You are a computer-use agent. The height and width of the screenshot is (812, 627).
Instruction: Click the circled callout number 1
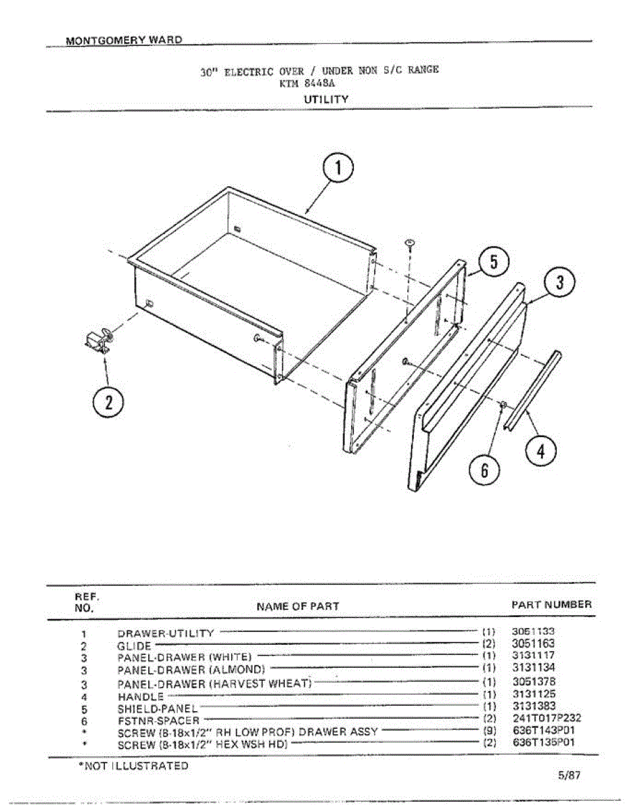[x=337, y=170]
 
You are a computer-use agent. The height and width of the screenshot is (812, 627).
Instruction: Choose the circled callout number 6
[x=484, y=470]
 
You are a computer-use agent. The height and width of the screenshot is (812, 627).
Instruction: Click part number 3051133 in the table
[x=533, y=631]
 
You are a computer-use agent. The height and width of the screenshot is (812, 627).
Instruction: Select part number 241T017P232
[x=547, y=718]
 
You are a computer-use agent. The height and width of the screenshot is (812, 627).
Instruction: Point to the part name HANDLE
[x=141, y=696]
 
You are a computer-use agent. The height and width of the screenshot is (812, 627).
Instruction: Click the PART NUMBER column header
[x=551, y=604]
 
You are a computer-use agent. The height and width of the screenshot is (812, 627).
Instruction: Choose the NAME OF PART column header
[x=298, y=606]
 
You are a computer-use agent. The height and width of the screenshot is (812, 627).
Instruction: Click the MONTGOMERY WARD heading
[x=124, y=39]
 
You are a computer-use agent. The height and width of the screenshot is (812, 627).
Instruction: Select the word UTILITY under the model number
[x=326, y=99]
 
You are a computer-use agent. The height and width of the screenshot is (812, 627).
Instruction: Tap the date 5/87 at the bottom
[x=570, y=776]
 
